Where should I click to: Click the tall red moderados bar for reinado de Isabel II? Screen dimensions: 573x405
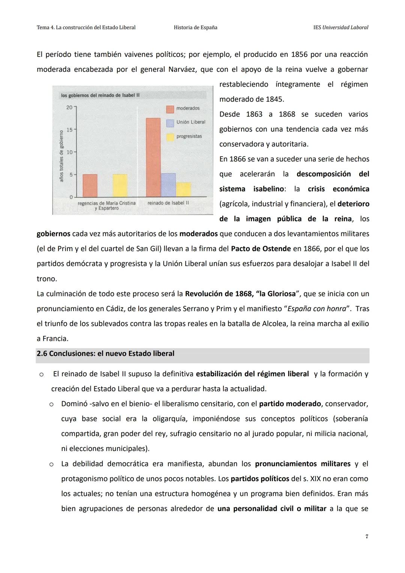tap(153, 157)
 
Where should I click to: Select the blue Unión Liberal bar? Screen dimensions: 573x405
tap(168, 185)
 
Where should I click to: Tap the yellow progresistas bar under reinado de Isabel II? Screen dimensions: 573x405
tap(183, 189)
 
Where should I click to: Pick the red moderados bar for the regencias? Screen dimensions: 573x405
tap(90, 185)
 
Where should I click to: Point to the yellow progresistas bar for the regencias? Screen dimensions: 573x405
tap(120, 185)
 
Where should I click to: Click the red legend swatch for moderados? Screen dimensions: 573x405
tap(170, 109)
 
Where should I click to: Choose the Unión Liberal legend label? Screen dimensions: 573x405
tap(191, 122)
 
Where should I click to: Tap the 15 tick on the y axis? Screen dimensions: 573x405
tap(69, 130)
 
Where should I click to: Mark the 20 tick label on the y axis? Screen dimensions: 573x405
tap(69, 108)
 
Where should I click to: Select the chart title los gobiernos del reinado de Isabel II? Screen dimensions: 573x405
tap(100, 95)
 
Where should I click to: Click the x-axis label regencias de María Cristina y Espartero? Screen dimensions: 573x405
tap(106, 205)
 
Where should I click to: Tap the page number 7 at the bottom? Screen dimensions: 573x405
tap(366, 537)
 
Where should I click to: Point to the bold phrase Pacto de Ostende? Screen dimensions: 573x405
tap(261, 249)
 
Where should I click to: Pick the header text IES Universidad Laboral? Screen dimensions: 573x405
tap(340, 27)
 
